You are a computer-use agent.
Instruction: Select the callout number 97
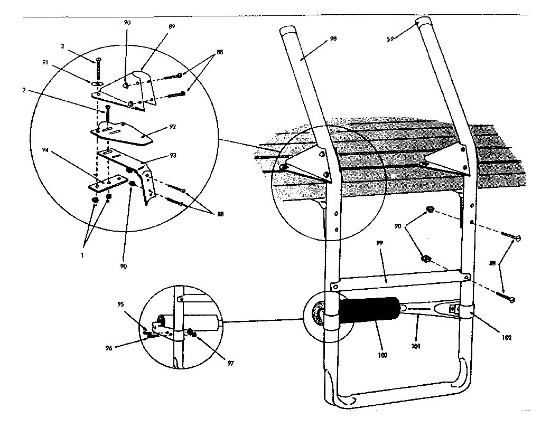coord(231,363)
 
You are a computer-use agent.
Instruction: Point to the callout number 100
coord(383,355)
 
